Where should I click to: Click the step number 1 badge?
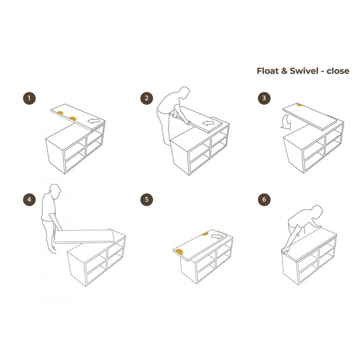(29, 98)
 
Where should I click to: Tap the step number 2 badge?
(147, 98)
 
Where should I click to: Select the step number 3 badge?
(264, 98)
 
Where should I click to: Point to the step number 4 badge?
(29, 199)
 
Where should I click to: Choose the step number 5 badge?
(147, 199)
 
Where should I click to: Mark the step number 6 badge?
(264, 199)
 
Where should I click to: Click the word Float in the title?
(268, 71)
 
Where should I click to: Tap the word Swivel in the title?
(304, 71)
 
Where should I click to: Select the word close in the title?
(338, 71)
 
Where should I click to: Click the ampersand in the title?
(284, 71)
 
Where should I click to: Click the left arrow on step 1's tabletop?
(94, 121)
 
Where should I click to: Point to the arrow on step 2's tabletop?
(208, 124)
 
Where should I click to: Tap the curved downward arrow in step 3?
(286, 122)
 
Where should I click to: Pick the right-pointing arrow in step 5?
(217, 236)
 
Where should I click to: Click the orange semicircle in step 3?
(300, 105)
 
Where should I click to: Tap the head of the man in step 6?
(316, 211)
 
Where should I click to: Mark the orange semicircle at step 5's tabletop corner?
(179, 252)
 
